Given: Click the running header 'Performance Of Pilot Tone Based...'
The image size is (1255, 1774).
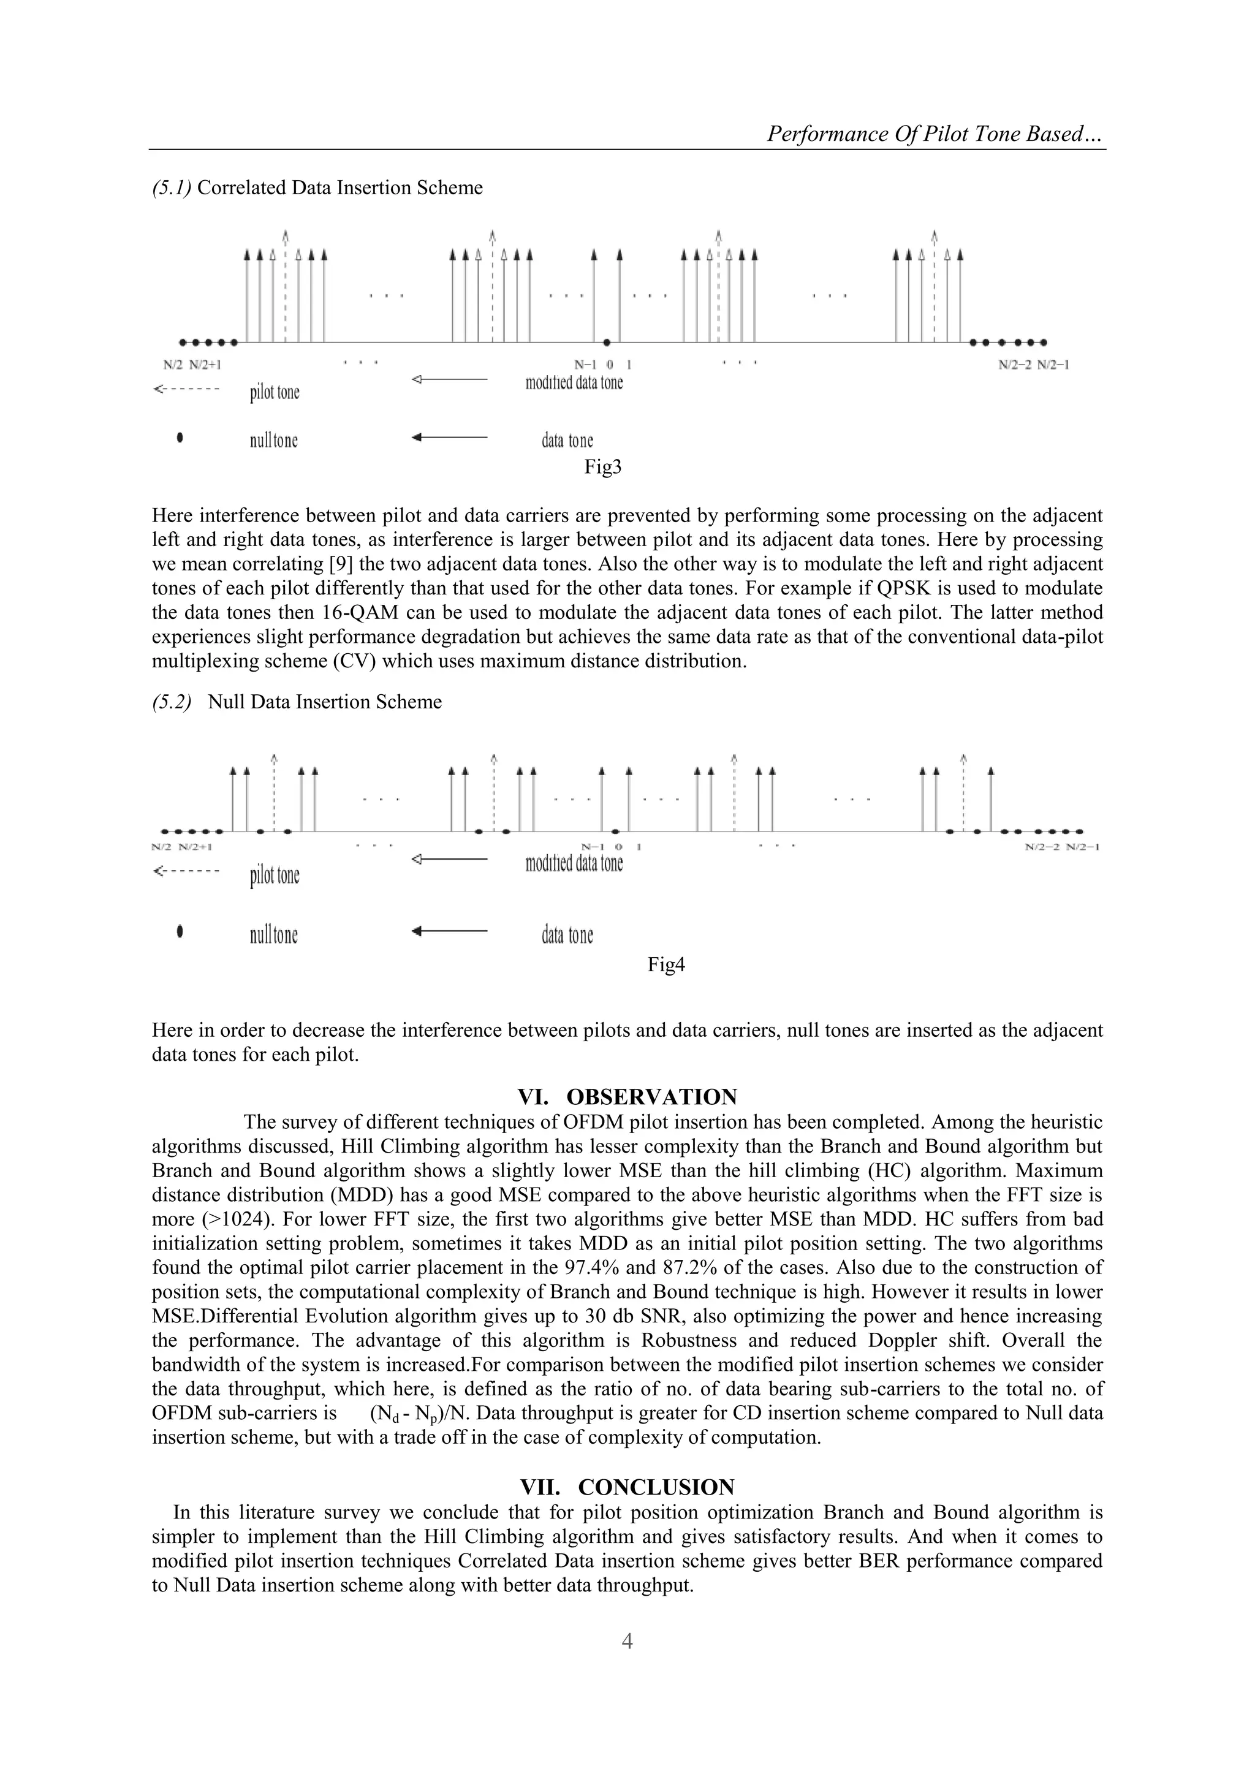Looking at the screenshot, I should tap(935, 134).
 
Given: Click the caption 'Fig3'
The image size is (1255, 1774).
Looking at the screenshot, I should tap(603, 467).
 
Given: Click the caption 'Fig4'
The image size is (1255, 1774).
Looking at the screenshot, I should tap(666, 965).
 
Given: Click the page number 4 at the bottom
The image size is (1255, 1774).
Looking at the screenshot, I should tap(627, 1641).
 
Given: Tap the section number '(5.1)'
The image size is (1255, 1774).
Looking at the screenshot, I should tap(171, 188).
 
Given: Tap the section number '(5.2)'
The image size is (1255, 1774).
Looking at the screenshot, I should tap(171, 702).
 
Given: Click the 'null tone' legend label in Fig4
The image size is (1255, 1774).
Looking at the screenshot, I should tap(273, 935).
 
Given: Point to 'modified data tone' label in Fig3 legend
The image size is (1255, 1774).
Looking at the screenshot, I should tap(574, 382).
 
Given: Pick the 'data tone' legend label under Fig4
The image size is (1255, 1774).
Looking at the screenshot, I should tap(567, 935).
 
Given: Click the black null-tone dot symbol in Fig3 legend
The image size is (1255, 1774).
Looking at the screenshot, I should tap(180, 438).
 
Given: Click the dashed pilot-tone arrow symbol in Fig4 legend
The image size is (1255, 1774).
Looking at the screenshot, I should tap(187, 871).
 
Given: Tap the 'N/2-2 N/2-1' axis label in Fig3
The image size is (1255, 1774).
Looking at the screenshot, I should tap(1033, 365).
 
